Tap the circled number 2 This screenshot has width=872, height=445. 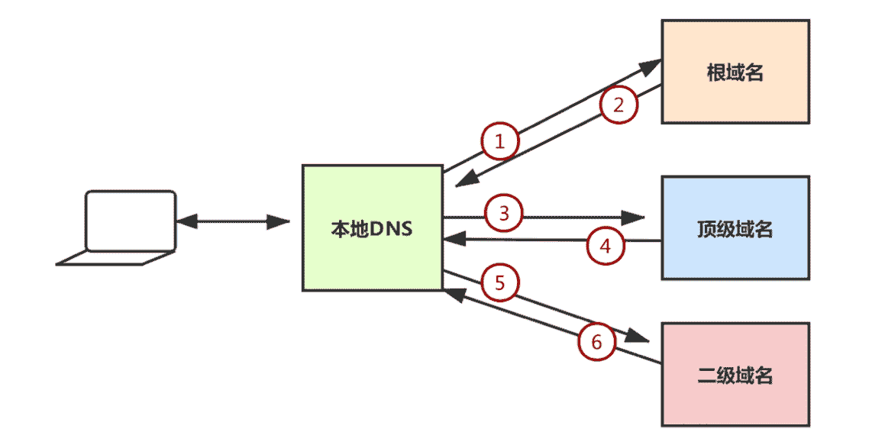click(x=619, y=105)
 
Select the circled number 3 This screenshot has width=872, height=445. click(x=504, y=213)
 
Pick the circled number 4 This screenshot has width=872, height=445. click(x=606, y=246)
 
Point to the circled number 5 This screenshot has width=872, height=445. click(x=500, y=283)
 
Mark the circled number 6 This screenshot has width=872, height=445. click(x=596, y=343)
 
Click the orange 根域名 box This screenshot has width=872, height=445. click(x=735, y=72)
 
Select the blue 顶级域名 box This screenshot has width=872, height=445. click(x=735, y=227)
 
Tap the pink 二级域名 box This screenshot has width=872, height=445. click(x=735, y=374)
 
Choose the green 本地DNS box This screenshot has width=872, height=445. click(x=373, y=227)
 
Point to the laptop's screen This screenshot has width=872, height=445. click(x=130, y=221)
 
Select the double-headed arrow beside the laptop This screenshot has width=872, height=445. click(x=233, y=222)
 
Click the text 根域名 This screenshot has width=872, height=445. click(x=735, y=73)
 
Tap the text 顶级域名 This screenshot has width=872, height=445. click(x=735, y=229)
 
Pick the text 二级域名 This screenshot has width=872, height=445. click(x=735, y=376)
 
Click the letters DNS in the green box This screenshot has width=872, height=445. click(x=391, y=228)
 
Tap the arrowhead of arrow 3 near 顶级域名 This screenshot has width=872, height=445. click(x=633, y=218)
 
